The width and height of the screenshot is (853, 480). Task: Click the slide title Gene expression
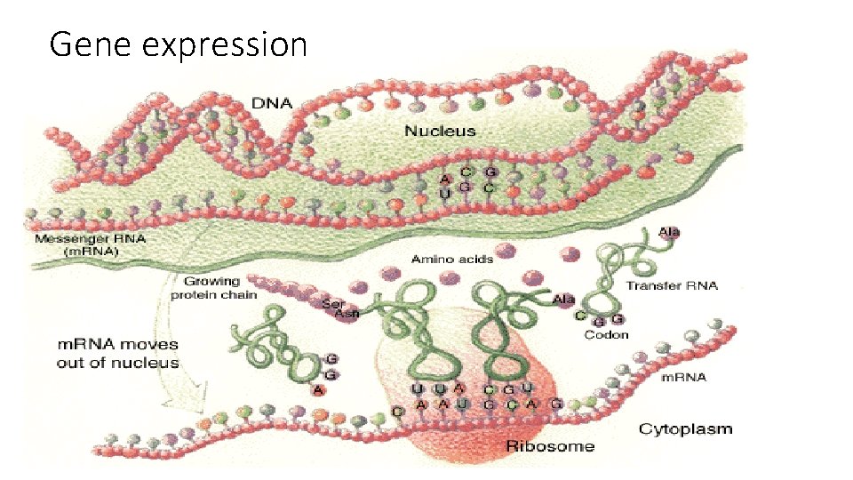click(178, 43)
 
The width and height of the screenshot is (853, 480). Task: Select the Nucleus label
click(440, 131)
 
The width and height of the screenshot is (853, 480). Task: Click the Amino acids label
click(451, 259)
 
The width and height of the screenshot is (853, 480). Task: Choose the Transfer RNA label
click(672, 285)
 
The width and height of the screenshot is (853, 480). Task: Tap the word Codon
click(606, 334)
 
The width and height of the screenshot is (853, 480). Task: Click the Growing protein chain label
click(214, 288)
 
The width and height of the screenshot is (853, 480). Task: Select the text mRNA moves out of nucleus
click(117, 353)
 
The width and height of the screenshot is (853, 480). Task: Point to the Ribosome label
click(550, 444)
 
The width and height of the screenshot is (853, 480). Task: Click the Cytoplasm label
click(686, 428)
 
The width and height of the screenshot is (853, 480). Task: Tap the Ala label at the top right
click(669, 232)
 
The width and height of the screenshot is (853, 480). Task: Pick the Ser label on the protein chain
click(332, 303)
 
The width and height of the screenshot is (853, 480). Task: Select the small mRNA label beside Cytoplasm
click(685, 377)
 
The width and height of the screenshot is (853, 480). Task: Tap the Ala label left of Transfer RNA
click(563, 299)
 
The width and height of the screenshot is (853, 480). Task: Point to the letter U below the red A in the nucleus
click(444, 193)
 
